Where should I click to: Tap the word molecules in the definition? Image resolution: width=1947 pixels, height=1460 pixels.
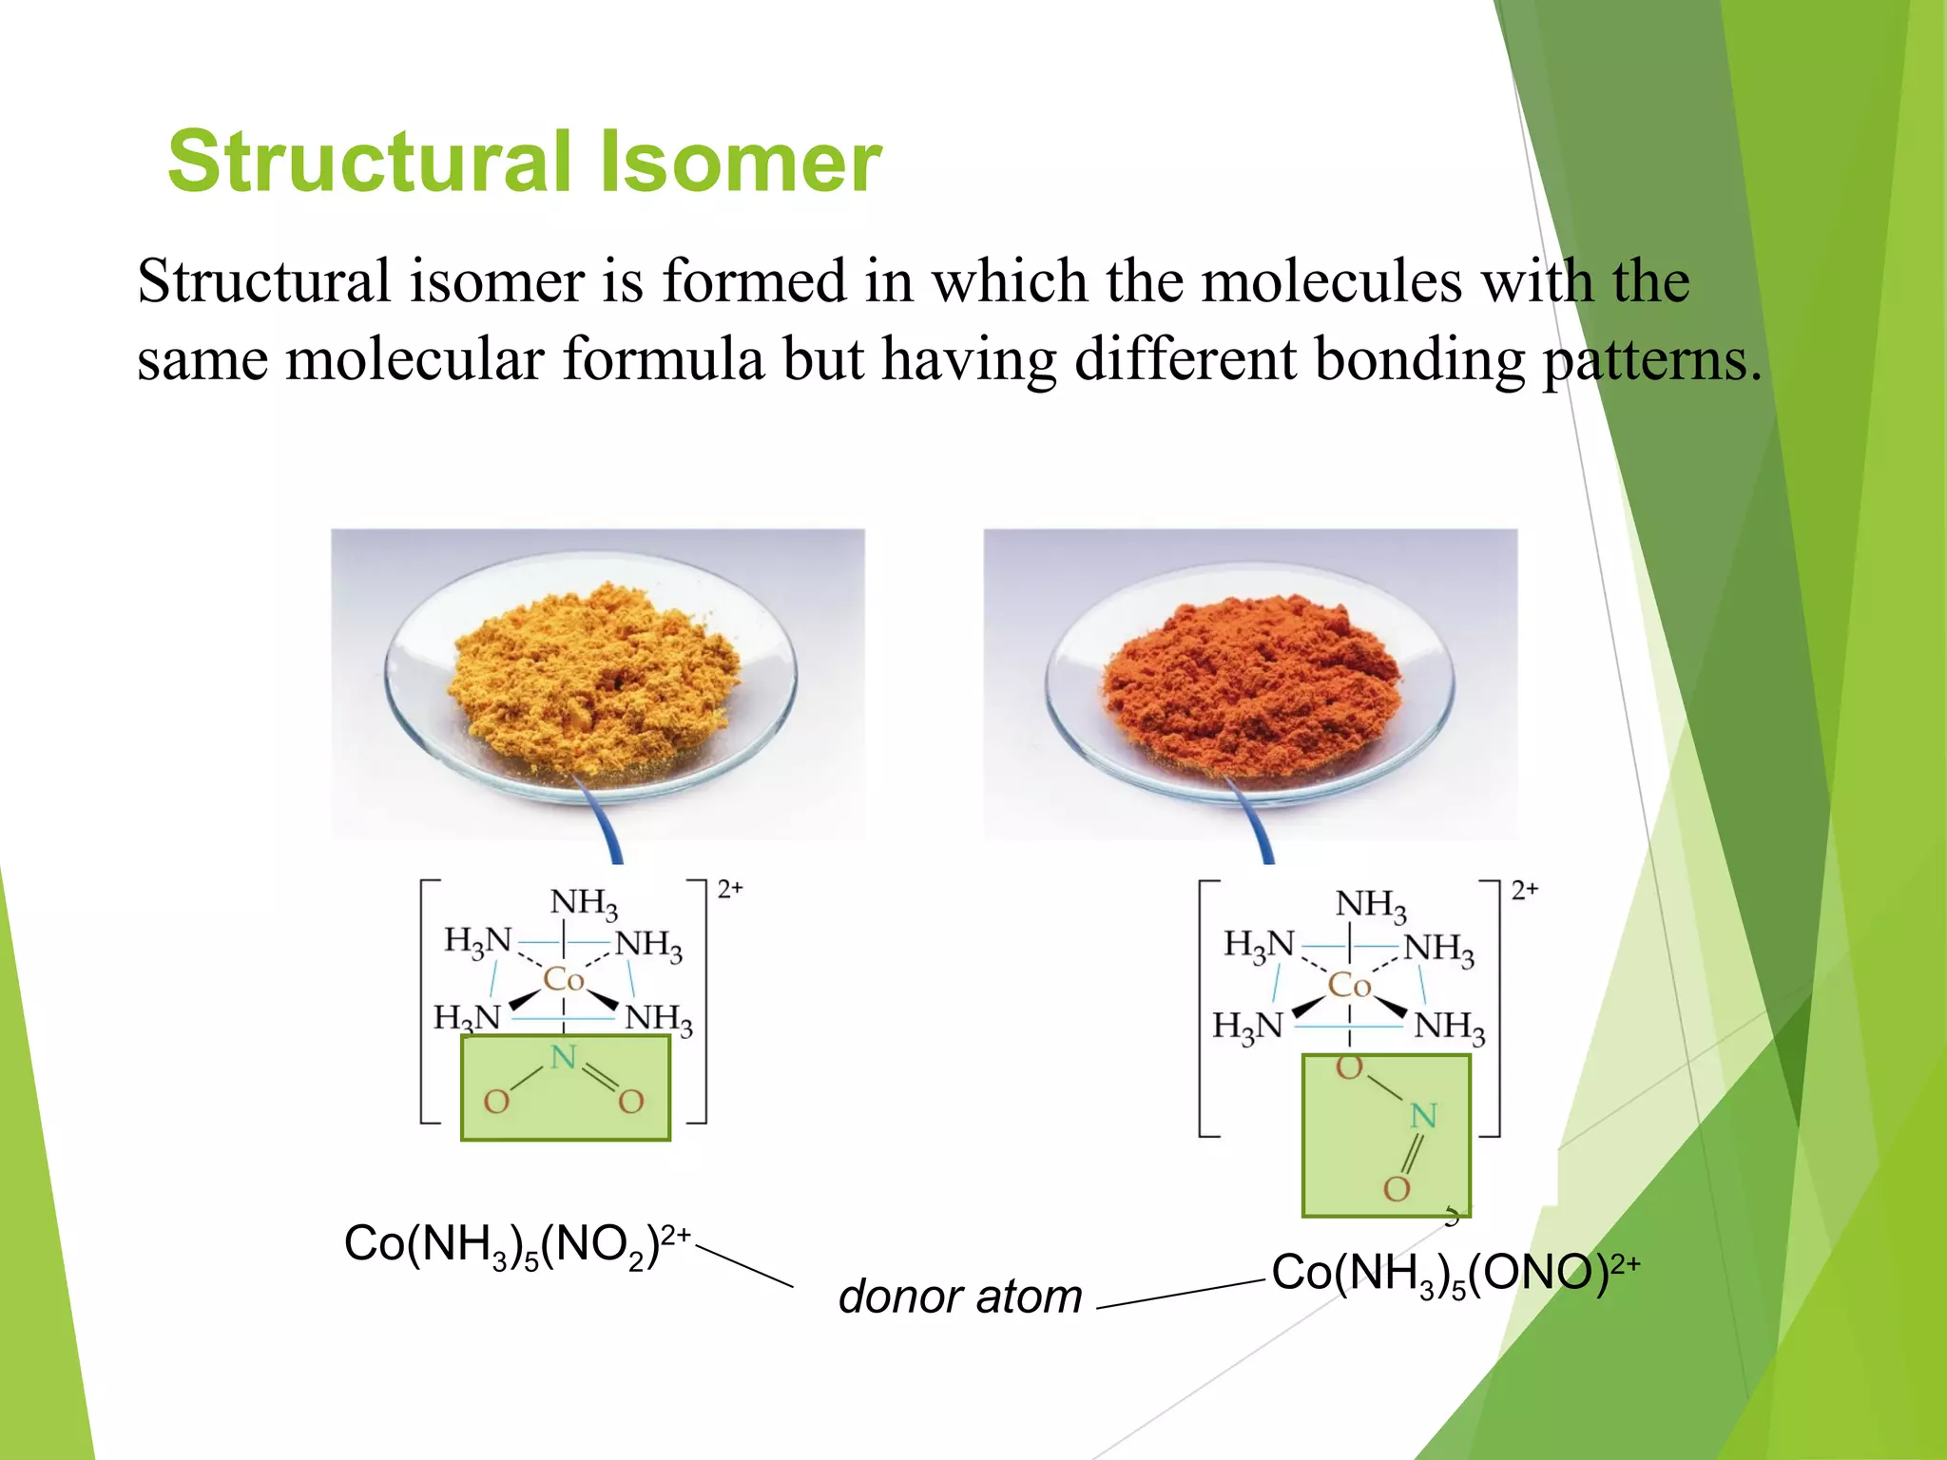point(1331,282)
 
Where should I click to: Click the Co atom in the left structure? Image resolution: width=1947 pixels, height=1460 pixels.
point(563,979)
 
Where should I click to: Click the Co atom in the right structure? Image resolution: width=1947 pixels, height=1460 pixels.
point(1349,985)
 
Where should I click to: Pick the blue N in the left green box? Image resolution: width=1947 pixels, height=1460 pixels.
point(564,1057)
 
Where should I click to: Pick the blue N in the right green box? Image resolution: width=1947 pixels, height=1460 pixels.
point(1422,1116)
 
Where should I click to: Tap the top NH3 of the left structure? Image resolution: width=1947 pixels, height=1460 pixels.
point(584,902)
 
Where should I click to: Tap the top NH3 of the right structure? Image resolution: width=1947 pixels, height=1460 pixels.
point(1370,904)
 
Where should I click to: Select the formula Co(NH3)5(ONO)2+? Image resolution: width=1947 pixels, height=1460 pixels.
point(1455,1273)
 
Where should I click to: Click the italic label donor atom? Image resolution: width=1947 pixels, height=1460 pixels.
point(960,1297)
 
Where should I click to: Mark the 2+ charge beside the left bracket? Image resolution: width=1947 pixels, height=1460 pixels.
point(730,889)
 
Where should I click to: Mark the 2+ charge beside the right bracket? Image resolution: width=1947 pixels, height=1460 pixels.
point(1524,890)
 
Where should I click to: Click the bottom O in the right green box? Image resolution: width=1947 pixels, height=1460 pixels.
point(1397,1188)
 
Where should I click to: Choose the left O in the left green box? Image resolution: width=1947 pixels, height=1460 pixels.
point(496,1103)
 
